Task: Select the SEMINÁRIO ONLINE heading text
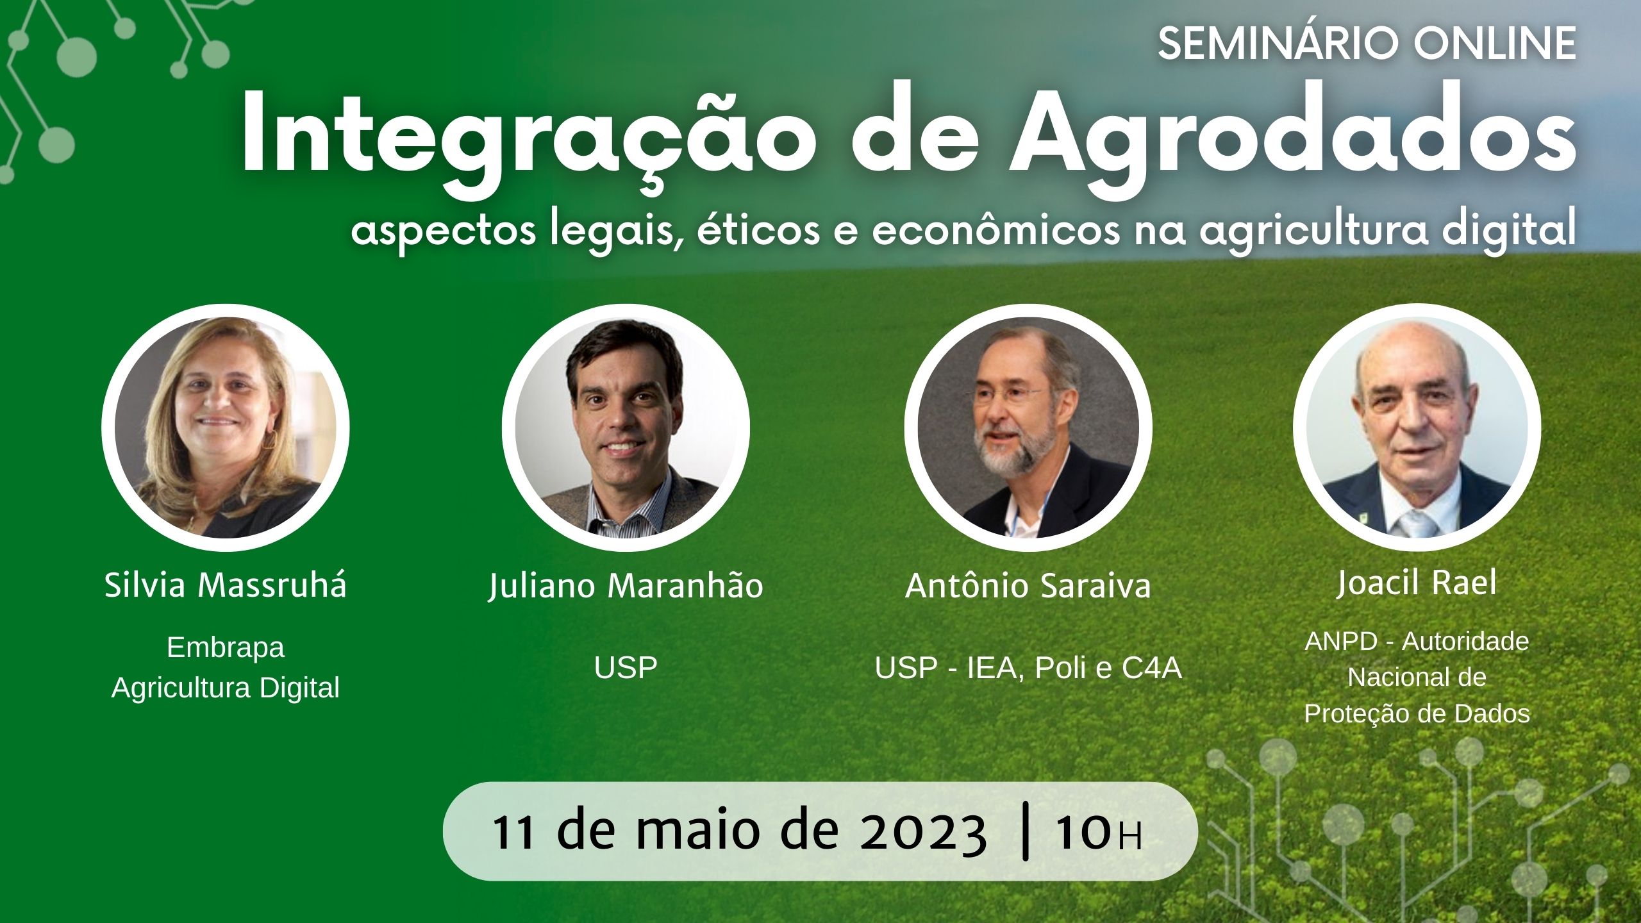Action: (x=1367, y=44)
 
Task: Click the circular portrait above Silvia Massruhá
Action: (x=226, y=428)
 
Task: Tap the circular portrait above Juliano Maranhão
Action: (x=626, y=428)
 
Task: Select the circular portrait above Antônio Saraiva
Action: (x=1028, y=428)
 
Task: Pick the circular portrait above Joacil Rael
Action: (x=1417, y=428)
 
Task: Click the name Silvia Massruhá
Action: (x=226, y=585)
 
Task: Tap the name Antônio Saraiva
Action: (x=1028, y=585)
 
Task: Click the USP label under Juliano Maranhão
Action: (x=626, y=668)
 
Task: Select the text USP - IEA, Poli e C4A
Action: (x=1028, y=668)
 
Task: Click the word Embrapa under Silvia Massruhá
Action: (x=226, y=648)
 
